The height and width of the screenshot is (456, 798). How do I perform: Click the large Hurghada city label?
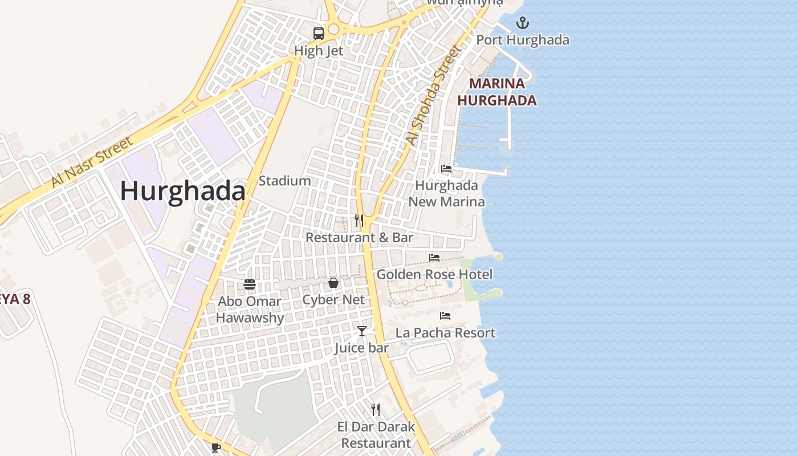click(182, 191)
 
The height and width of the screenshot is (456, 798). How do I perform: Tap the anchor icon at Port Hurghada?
click(522, 23)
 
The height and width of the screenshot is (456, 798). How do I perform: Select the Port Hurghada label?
click(522, 40)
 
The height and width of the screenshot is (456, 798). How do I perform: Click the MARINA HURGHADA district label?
click(497, 92)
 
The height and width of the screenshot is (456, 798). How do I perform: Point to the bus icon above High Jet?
click(318, 34)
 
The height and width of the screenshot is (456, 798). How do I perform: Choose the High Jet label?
click(318, 51)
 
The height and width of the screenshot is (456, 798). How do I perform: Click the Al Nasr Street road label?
click(91, 161)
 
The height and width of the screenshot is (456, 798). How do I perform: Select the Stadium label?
click(284, 181)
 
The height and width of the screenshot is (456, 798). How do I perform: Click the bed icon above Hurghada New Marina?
click(446, 169)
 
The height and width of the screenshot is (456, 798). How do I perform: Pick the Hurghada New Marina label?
click(446, 193)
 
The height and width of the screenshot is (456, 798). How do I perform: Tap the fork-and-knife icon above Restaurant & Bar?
click(359, 220)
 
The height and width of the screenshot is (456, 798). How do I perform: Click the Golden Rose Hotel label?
click(434, 274)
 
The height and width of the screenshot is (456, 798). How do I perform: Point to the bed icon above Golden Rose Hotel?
click(434, 258)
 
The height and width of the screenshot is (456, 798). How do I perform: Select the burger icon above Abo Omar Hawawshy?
click(250, 284)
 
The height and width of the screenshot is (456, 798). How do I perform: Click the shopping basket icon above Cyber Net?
click(333, 283)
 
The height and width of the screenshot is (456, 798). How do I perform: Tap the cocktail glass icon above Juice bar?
click(362, 331)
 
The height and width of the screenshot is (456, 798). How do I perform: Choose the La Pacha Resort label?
click(445, 332)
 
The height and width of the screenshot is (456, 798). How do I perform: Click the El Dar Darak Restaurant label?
click(376, 434)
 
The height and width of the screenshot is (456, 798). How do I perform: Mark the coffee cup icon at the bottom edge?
click(215, 447)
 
